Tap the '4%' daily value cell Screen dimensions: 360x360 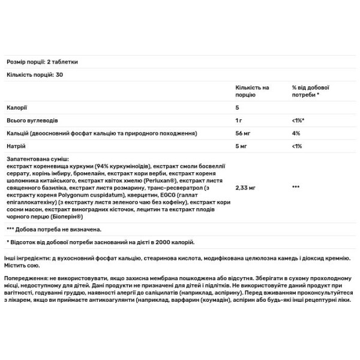click(295, 132)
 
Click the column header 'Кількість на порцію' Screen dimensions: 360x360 click(253, 91)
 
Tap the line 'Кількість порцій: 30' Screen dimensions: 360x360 click(30, 75)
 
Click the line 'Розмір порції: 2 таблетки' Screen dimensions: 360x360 click(41, 62)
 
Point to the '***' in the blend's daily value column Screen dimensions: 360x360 click(296, 188)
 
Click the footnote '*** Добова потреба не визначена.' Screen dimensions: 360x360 click(53, 229)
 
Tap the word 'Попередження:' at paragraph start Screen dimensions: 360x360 click(26, 278)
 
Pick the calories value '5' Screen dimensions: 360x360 click(238, 109)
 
